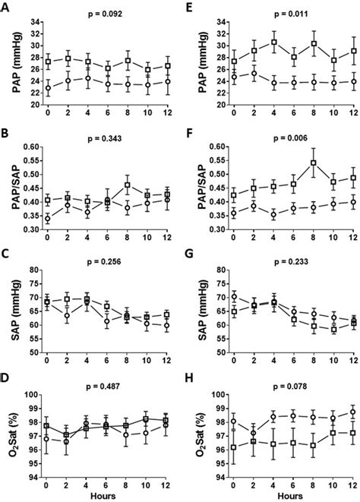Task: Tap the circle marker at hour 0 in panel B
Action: tap(47, 219)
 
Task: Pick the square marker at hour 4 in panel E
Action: tap(273, 43)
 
